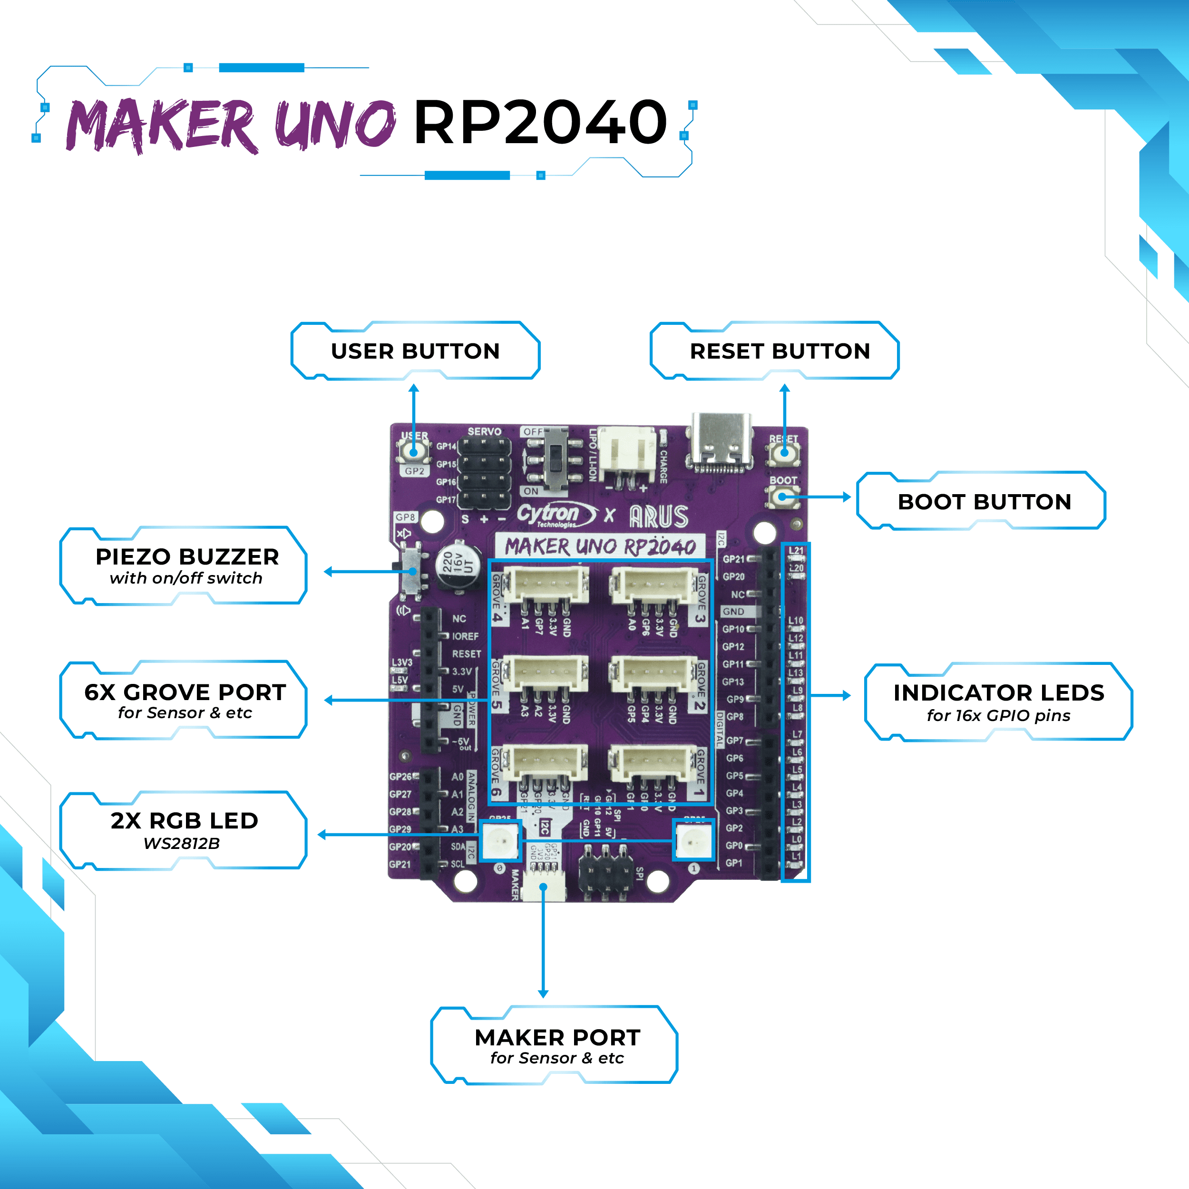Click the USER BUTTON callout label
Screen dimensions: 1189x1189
[x=415, y=351]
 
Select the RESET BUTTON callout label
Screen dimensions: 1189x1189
[x=780, y=351]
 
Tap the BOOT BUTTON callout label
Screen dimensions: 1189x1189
[x=984, y=502]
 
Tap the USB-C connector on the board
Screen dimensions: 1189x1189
[x=721, y=442]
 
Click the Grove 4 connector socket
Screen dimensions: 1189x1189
[x=545, y=584]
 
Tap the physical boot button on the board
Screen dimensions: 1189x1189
[x=783, y=496]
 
